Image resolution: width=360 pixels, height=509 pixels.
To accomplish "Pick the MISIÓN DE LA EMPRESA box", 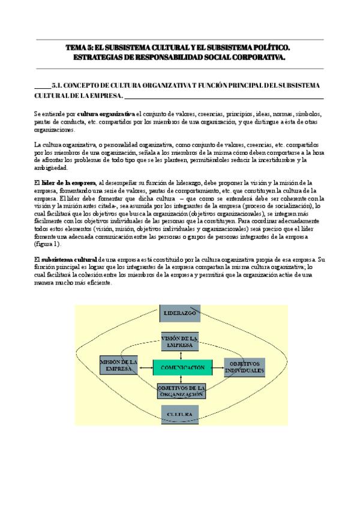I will pos(118,366).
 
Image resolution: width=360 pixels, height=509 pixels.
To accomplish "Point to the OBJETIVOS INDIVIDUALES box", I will pos(244,367).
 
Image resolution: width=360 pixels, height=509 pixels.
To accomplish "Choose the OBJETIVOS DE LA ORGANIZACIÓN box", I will pos(182,391).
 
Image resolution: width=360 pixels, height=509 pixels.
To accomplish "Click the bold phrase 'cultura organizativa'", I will pos(106,113).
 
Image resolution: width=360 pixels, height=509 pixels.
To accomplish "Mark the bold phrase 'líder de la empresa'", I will pos(68,182).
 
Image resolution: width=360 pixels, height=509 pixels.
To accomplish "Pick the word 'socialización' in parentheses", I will pos(292,205).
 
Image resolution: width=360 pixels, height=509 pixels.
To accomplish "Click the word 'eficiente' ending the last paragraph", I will pos(98,282).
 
